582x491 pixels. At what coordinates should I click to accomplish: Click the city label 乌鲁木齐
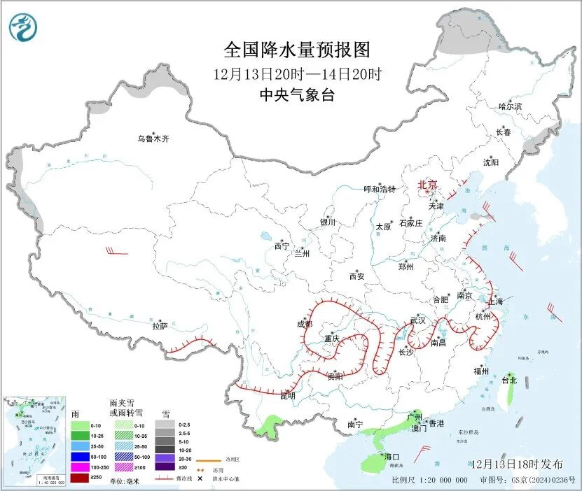153,139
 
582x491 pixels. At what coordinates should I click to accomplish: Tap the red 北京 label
427,185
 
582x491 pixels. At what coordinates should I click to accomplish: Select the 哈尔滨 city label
510,106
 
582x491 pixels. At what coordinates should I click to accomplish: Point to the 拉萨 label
160,326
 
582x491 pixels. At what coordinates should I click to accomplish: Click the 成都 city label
305,324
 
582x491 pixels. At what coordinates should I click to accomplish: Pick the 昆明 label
288,396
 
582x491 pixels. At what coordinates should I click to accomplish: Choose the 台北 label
509,380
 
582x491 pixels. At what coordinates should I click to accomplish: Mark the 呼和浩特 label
380,190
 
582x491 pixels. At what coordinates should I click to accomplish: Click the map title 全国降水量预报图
296,50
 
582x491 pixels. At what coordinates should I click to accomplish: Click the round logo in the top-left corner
23,27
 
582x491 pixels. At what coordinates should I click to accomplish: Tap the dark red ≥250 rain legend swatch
80,478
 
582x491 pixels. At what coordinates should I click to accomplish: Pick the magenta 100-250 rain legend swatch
80,467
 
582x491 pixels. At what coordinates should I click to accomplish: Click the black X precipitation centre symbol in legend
200,479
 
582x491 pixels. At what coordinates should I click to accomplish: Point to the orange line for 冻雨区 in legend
205,460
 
